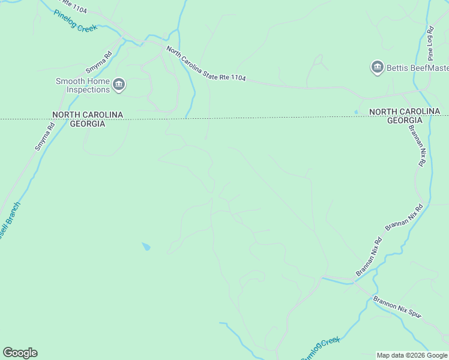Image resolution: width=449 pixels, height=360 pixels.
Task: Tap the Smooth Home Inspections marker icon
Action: point(119,85)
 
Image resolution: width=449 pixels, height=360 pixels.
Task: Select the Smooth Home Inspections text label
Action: point(83,85)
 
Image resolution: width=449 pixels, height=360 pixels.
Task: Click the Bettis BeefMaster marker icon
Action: point(377,67)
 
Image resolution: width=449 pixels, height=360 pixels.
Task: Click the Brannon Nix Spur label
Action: point(397,307)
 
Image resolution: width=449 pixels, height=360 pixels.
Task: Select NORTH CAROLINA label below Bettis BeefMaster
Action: point(405,112)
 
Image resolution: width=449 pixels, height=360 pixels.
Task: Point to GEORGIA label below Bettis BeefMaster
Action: point(405,120)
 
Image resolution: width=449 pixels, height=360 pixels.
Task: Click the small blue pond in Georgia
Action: point(146,246)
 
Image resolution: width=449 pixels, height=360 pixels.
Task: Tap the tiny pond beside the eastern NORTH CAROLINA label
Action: point(357,112)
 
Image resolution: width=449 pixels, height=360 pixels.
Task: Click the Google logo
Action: point(20,353)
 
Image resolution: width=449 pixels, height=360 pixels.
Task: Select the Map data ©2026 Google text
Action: point(412,355)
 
